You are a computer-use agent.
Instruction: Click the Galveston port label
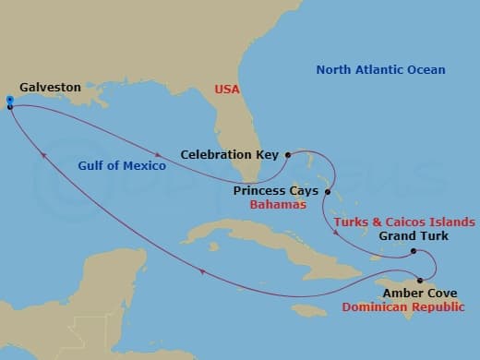tap(50, 87)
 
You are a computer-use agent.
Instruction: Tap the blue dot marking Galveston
tap(9, 100)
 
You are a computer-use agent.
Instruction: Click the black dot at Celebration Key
tap(288, 155)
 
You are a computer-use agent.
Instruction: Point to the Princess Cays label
tap(275, 190)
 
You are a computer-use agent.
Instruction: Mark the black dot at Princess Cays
tap(327, 191)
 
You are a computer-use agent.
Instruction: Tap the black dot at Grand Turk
tap(414, 251)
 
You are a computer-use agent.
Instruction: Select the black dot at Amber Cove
tap(421, 281)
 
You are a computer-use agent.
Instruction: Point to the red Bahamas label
tap(278, 204)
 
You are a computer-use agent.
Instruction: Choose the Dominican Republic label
tap(402, 306)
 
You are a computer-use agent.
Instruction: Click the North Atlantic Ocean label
tap(380, 70)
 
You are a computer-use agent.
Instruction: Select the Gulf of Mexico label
tap(123, 166)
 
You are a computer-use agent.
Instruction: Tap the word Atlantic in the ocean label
tap(380, 70)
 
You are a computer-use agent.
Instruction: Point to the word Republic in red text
tap(437, 306)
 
